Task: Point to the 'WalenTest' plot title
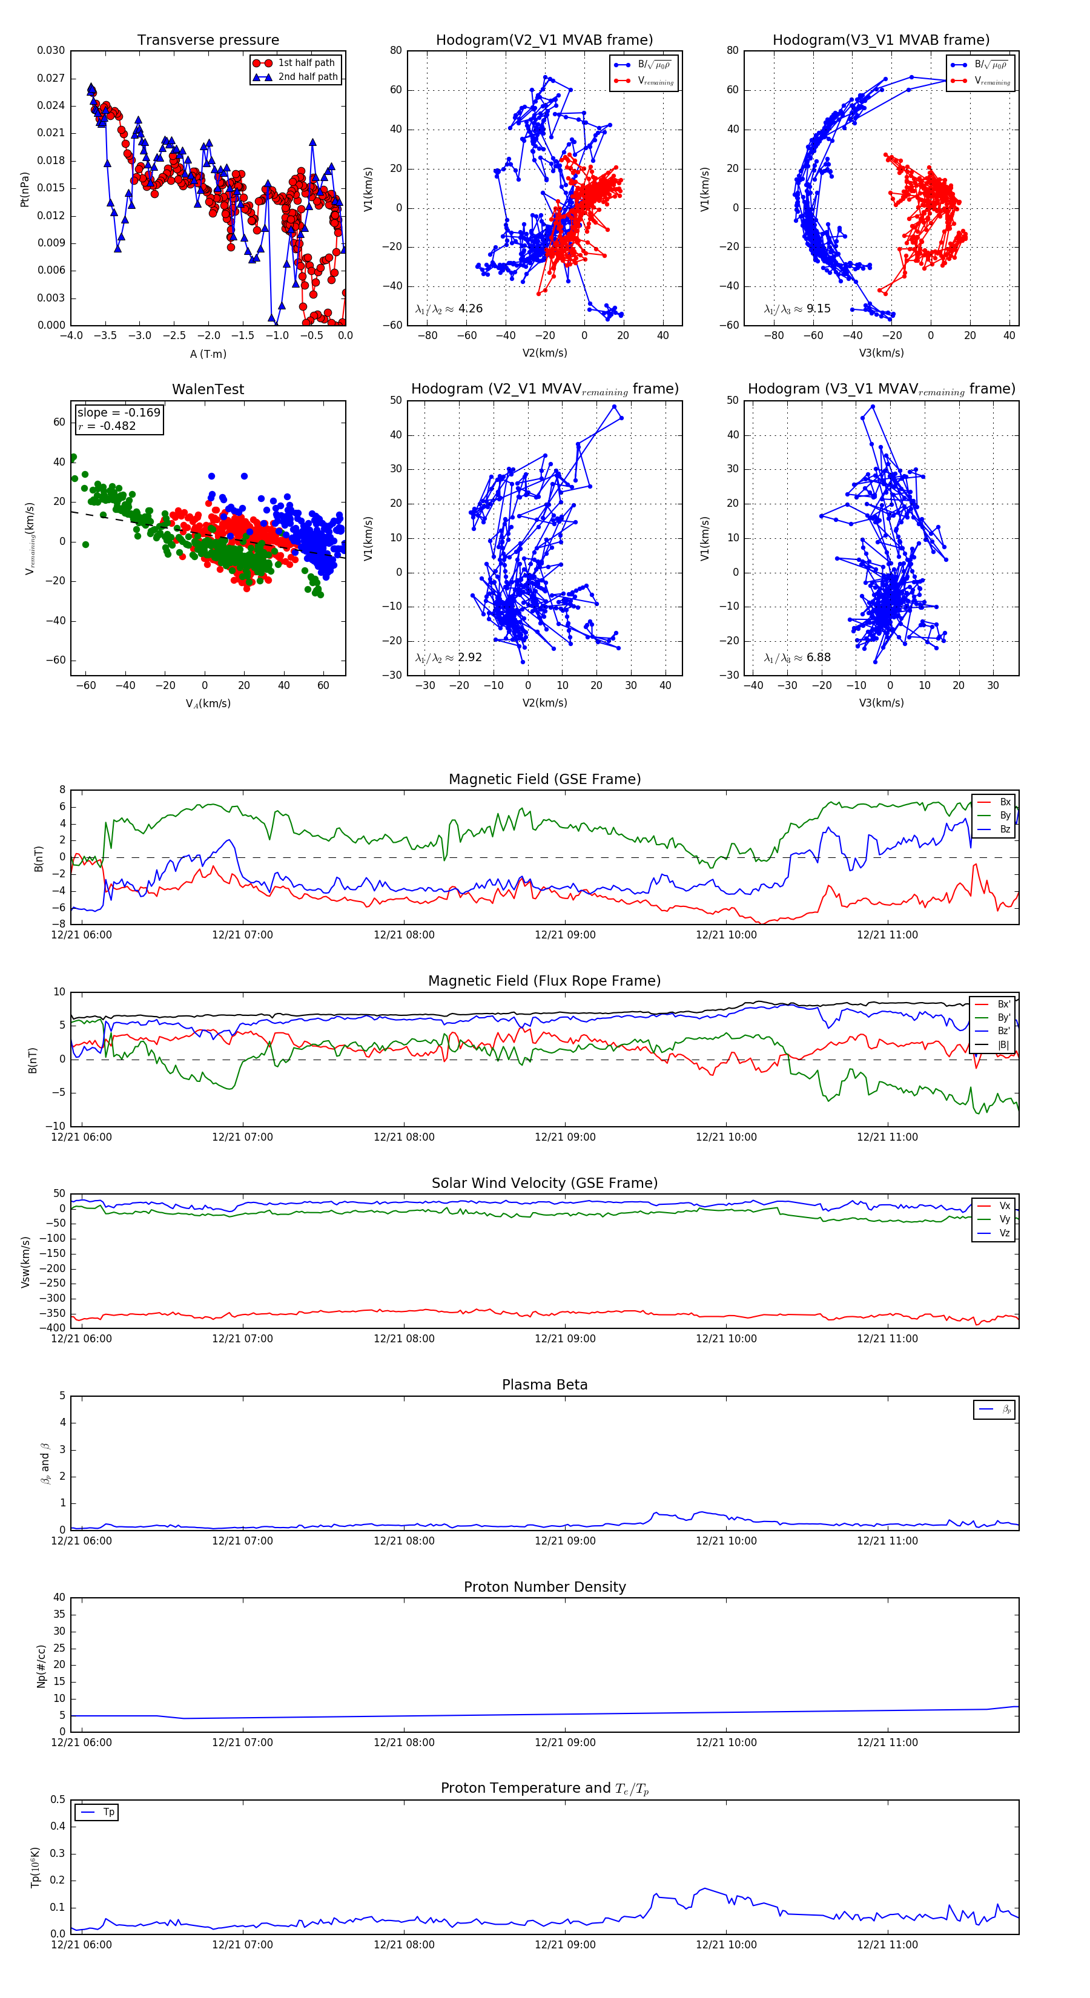point(208,389)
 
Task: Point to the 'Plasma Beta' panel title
point(544,1385)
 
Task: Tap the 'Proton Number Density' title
point(544,1587)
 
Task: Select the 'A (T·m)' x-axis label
point(208,354)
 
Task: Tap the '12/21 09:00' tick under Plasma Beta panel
point(565,1540)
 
